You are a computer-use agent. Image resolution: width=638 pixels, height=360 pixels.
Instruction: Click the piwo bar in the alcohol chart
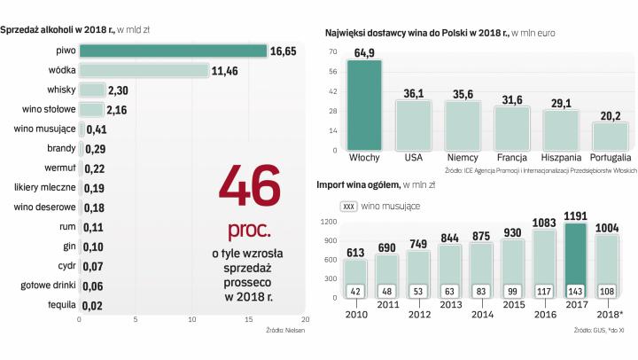point(173,51)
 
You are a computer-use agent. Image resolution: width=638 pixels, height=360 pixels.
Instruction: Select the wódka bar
point(144,70)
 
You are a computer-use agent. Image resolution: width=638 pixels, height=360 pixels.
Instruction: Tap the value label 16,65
point(283,51)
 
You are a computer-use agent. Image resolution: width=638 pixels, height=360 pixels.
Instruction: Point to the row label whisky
point(61,90)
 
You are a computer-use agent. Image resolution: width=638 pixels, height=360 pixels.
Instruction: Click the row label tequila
point(60,304)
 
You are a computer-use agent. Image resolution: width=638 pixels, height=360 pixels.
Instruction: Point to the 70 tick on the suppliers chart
point(333,51)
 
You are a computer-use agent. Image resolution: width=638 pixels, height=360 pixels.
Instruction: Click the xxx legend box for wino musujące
point(348,206)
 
